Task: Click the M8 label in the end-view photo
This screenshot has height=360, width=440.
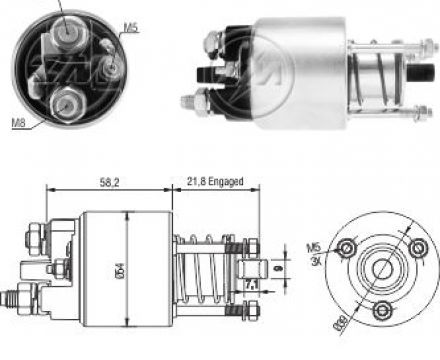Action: [x=17, y=123]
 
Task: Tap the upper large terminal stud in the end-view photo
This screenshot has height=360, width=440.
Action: [x=66, y=34]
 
